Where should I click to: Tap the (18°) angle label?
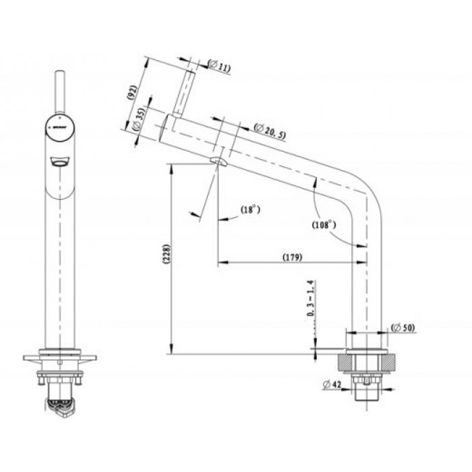click(x=250, y=210)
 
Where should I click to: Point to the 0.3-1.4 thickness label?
click(x=311, y=299)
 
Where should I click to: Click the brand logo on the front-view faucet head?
click(x=58, y=125)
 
